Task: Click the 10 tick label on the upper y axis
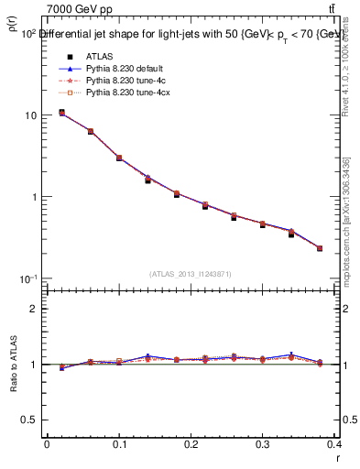coord(30,115)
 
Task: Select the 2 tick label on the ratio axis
coord(35,309)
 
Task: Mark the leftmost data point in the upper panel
coord(61,113)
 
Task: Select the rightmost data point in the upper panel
coord(320,248)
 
